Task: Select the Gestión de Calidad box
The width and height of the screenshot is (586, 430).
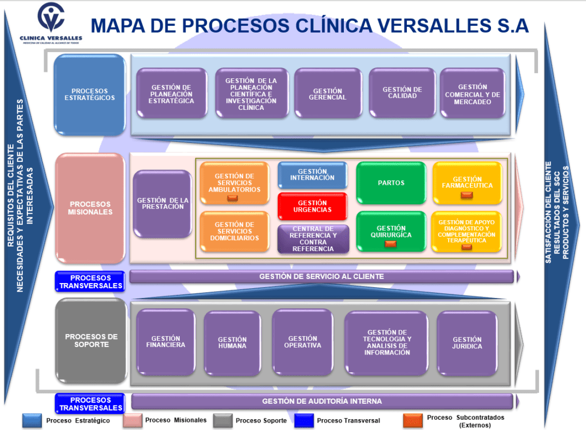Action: click(x=402, y=93)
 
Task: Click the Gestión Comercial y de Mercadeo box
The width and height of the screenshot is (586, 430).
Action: click(x=472, y=94)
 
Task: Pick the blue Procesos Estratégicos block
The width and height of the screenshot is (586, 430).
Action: click(x=89, y=94)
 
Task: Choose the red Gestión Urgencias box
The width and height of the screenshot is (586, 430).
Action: click(x=312, y=206)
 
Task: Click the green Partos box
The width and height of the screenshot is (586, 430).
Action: click(x=391, y=183)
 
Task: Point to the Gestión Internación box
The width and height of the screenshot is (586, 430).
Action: click(x=312, y=175)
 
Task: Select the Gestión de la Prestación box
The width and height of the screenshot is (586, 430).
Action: click(x=163, y=204)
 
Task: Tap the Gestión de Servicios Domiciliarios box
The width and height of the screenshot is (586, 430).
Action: click(x=234, y=232)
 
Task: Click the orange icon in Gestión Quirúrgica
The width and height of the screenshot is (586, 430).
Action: click(x=391, y=244)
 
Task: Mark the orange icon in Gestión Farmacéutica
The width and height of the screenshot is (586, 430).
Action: click(x=467, y=195)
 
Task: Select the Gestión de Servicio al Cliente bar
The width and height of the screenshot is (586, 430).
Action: click(x=322, y=277)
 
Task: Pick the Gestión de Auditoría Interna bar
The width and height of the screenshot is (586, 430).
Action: click(x=322, y=401)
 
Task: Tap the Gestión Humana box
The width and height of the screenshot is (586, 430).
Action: click(x=232, y=343)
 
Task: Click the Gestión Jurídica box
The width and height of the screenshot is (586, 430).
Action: click(x=467, y=343)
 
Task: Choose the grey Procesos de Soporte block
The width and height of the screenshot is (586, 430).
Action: click(x=91, y=341)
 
